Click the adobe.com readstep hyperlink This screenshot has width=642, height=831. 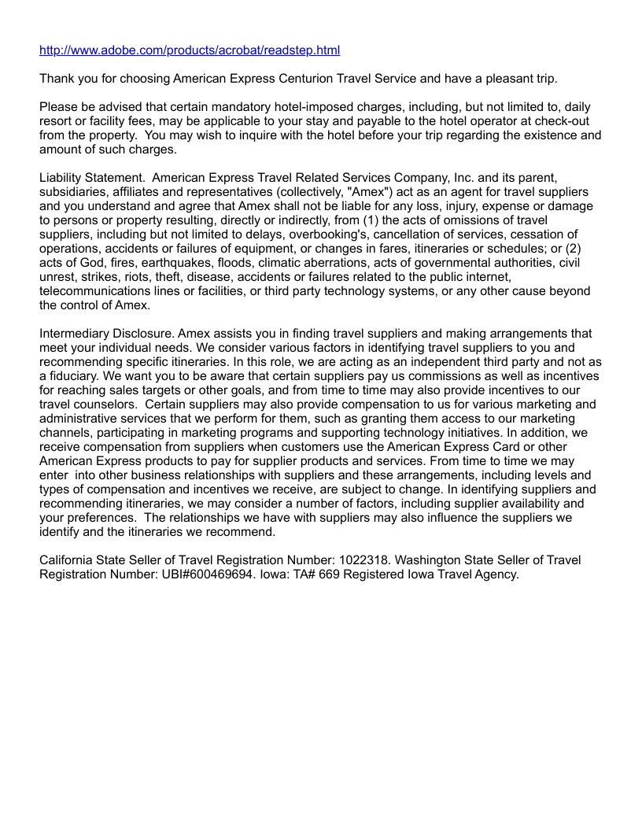190,50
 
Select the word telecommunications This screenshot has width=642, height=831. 99,291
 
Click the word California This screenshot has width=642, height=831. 68,560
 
